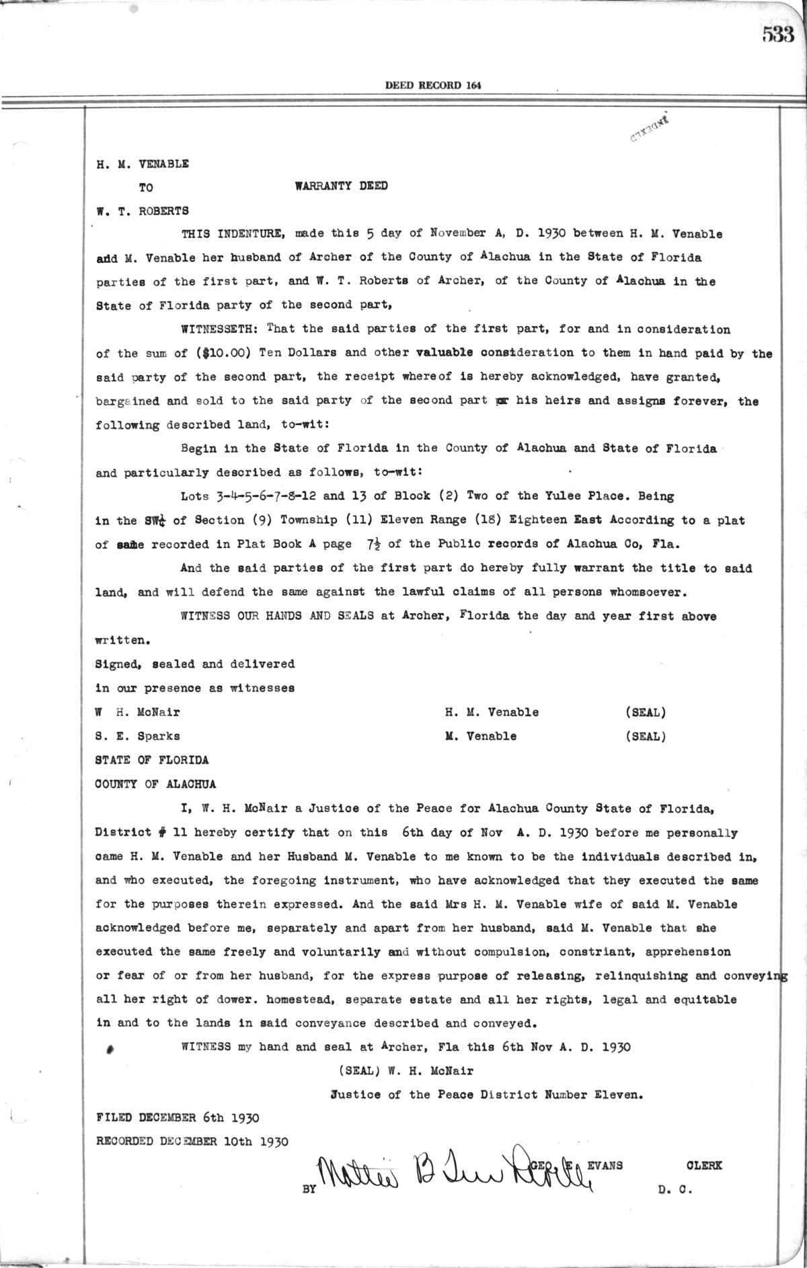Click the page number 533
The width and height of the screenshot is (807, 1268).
point(778,35)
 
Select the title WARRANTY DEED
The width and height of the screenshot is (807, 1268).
point(341,186)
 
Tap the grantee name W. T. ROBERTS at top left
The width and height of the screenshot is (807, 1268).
point(142,210)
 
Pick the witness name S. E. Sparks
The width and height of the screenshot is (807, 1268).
point(137,736)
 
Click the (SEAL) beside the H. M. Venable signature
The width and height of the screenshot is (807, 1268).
point(645,712)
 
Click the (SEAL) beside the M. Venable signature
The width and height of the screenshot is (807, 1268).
point(645,736)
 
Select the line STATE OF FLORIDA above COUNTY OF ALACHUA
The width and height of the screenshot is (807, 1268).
point(152,760)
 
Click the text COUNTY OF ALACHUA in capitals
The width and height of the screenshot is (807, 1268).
point(156,784)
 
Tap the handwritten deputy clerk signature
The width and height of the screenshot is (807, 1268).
point(451,1168)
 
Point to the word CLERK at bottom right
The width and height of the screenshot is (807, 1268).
point(703,1165)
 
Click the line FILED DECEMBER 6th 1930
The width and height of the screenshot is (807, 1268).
point(178,1118)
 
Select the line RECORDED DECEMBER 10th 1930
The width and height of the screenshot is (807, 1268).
point(192,1142)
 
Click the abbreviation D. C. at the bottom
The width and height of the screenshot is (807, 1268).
point(675,1189)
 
